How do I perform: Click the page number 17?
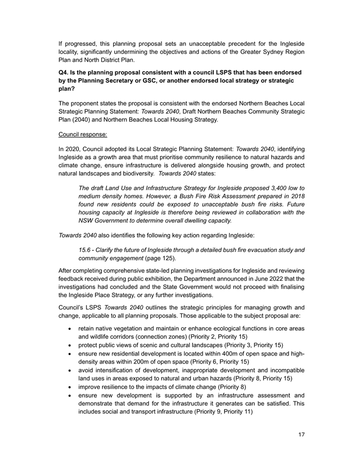tap(301, 436)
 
